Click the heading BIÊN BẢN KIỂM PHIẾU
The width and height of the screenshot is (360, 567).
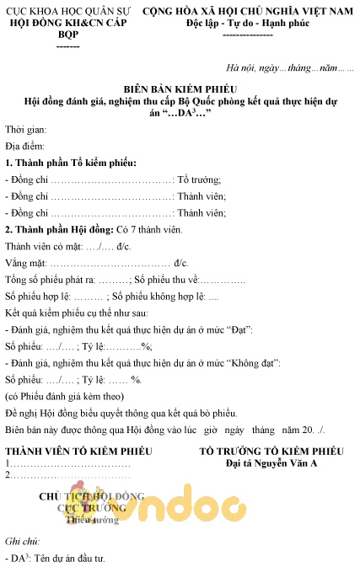[179, 88]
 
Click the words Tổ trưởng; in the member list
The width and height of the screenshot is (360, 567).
[200, 179]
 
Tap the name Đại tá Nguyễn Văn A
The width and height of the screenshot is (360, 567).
[271, 463]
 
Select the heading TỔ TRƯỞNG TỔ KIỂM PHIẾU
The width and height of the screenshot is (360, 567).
[271, 452]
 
